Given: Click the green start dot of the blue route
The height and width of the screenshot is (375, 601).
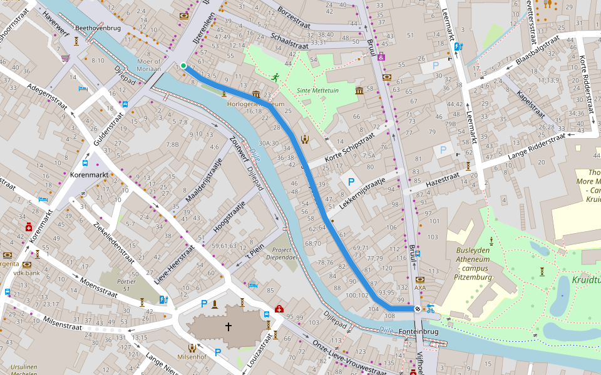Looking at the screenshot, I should [x=183, y=66].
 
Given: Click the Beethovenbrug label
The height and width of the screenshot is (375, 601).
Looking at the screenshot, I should [x=96, y=28].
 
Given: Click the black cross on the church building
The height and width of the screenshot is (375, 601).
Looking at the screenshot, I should [x=229, y=326].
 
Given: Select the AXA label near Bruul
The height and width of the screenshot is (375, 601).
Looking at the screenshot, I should [x=419, y=288].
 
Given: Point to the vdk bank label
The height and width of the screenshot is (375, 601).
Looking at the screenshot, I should [x=26, y=273].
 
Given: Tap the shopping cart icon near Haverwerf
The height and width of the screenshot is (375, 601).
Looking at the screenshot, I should [x=66, y=58].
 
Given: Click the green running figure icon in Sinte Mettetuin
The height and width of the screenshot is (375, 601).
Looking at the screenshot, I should [x=275, y=77].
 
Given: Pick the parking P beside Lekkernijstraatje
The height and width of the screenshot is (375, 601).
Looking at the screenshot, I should [x=351, y=182].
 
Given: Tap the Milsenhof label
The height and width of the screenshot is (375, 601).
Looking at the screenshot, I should [x=193, y=358].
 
